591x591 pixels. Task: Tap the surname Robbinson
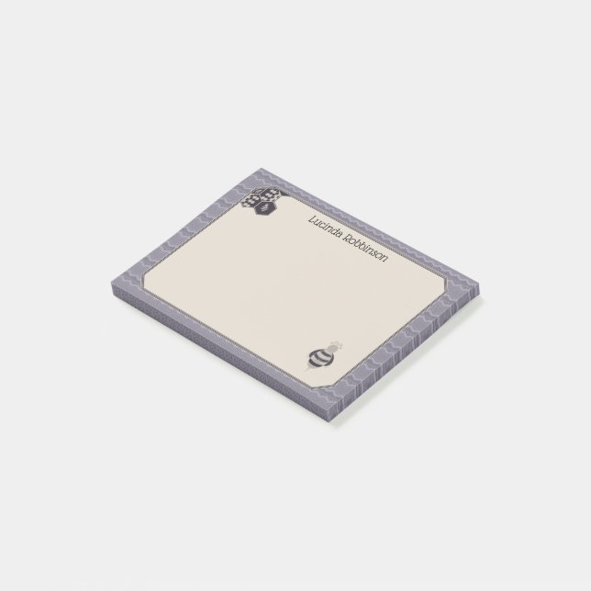[x=366, y=249]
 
